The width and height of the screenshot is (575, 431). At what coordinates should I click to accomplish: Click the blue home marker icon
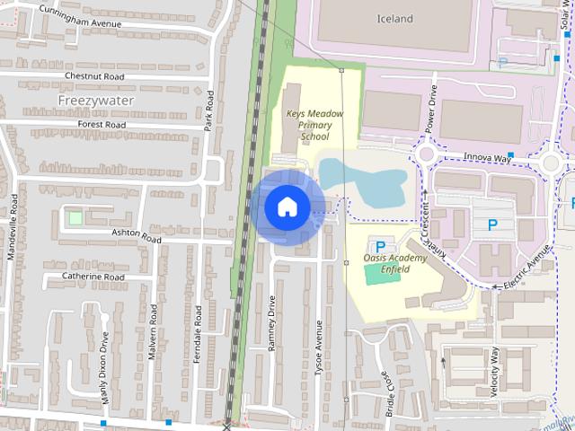click(287, 207)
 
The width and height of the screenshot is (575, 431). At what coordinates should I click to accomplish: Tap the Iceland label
click(394, 18)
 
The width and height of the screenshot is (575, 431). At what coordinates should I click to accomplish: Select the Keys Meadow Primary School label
click(308, 126)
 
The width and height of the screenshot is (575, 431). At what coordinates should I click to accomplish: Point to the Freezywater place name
click(95, 101)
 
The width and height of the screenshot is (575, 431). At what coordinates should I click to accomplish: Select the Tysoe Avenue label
click(319, 346)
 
